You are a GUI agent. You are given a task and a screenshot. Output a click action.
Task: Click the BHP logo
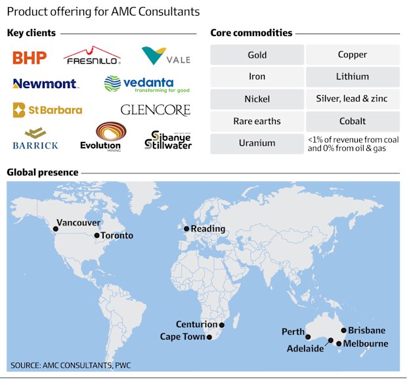[30, 58]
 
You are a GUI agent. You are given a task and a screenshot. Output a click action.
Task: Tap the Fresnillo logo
[92, 56]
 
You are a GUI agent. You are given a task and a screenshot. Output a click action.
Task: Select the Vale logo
[166, 56]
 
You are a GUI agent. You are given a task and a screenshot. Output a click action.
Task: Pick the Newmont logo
[45, 84]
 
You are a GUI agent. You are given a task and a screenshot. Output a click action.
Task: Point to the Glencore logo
[155, 110]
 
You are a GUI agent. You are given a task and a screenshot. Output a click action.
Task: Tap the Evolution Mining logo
[100, 137]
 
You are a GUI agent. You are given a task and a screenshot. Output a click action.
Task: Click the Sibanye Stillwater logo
[167, 139]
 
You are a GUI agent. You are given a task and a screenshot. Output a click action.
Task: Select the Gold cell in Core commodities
[257, 55]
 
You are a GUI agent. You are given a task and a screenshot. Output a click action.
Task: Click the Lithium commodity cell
[353, 77]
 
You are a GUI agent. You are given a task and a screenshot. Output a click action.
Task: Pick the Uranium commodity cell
[257, 143]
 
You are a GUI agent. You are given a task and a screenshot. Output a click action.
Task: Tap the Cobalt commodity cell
[353, 122]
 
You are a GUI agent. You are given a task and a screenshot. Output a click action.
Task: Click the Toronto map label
[118, 236]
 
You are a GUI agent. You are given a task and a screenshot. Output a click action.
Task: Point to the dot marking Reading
[186, 229]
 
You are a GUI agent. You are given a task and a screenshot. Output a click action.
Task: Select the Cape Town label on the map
[182, 337]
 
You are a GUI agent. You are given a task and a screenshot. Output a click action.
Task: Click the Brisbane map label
[367, 330]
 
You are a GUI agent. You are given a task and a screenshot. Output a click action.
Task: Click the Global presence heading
[43, 173]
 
